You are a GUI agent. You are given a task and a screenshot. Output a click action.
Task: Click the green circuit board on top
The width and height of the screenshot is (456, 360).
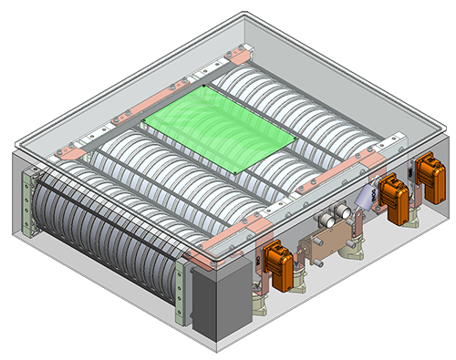pos(219,132)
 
